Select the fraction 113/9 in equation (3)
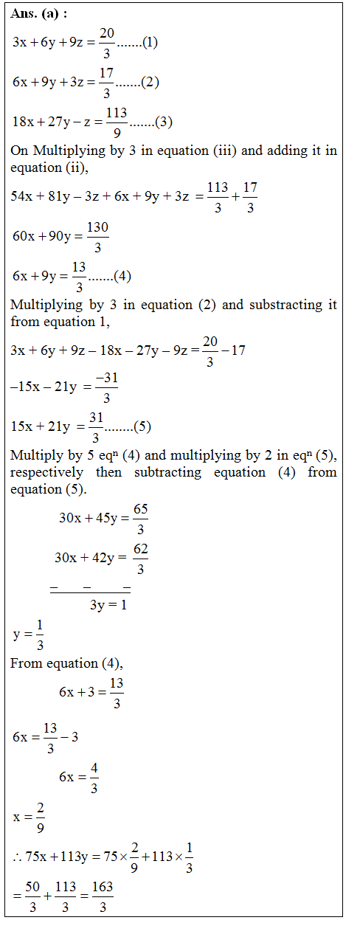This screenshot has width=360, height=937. tap(117, 122)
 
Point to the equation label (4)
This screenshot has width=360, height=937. tap(122, 277)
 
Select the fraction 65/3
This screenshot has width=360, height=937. tap(141, 518)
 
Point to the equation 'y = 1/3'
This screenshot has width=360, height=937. tap(29, 634)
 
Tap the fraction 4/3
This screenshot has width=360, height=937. tap(94, 778)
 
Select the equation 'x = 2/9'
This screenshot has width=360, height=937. tap(29, 817)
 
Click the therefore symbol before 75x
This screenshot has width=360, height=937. tap(17, 857)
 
